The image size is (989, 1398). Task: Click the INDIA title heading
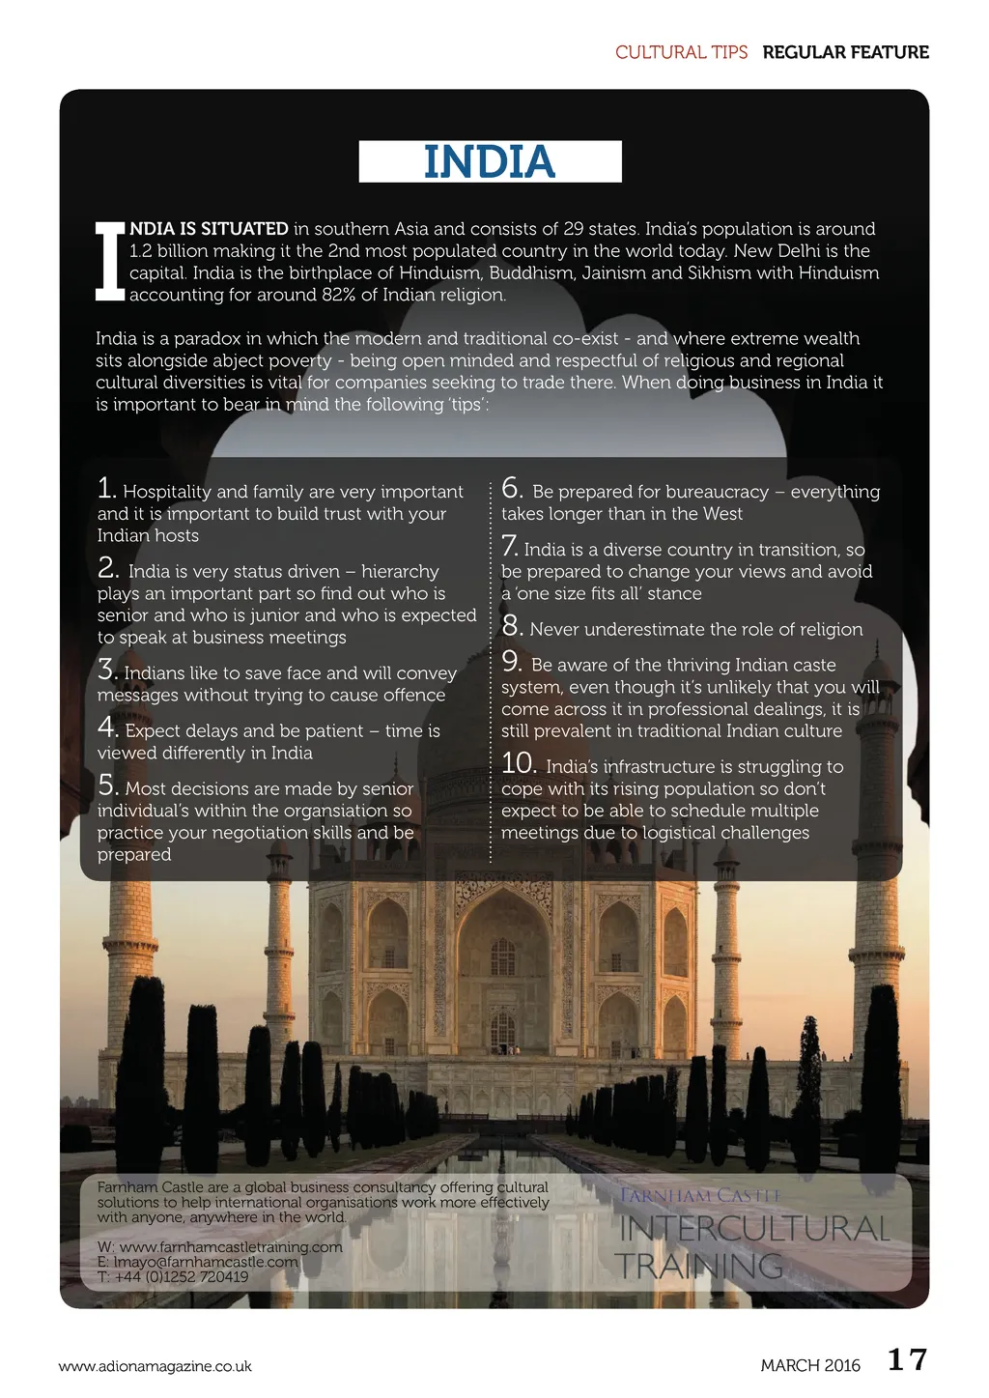(x=490, y=161)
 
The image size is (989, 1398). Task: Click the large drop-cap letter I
(x=110, y=262)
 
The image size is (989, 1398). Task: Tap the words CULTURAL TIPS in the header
(x=681, y=52)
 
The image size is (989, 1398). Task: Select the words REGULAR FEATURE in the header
(x=845, y=52)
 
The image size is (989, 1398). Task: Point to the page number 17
(x=907, y=1360)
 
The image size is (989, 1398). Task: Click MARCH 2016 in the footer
(x=809, y=1365)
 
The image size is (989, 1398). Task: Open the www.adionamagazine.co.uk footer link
(x=155, y=1366)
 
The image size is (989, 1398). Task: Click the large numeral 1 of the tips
(x=106, y=488)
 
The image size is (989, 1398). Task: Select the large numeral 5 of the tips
(x=107, y=785)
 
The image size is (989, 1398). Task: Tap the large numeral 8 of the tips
(x=512, y=626)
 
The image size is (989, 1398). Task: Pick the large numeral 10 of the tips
(x=519, y=763)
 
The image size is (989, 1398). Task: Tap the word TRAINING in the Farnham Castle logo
(x=698, y=1266)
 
